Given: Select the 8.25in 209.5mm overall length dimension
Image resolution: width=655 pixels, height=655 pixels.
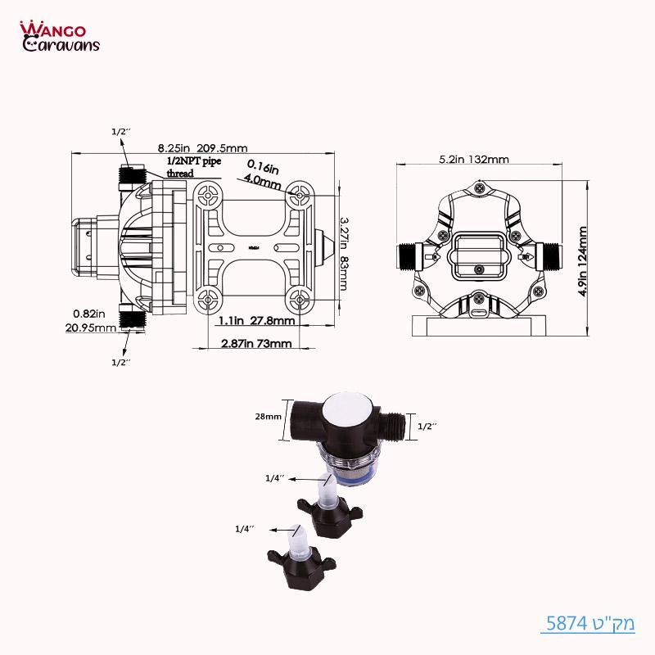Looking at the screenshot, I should coord(202,148).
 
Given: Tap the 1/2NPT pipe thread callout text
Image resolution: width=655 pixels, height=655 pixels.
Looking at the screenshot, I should coord(194,167).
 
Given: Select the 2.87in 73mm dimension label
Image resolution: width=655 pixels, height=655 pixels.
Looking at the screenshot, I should coord(256,344).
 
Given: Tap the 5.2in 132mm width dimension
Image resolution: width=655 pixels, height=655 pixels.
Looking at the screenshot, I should coord(474,160).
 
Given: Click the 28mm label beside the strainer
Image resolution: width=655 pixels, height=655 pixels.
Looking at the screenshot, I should coord(269,417).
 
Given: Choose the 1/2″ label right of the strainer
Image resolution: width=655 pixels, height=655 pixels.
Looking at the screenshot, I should coord(427,427).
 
